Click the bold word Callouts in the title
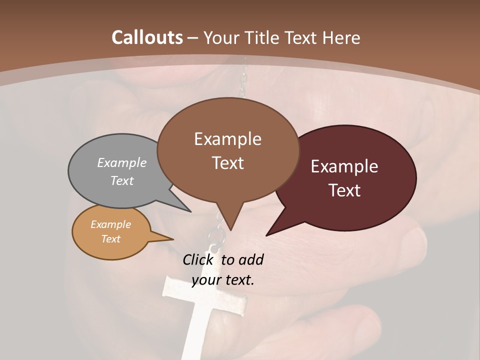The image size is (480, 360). tap(147, 37)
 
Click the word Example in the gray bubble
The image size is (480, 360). tap(122, 163)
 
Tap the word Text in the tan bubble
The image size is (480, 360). tap(110, 239)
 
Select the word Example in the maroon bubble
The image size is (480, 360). tap(344, 166)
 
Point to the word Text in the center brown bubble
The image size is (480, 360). tap(228, 163)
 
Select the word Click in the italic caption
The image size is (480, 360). tap(198, 259)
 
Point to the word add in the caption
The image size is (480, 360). tap(250, 259)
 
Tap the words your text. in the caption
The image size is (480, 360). tap(223, 280)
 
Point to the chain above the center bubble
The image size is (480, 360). tap(244, 80)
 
